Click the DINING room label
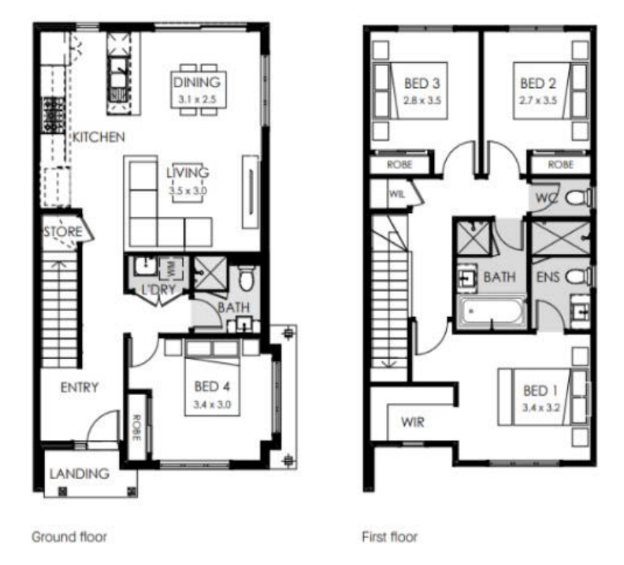[x=197, y=83]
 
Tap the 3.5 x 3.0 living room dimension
[x=188, y=190]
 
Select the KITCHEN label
[x=98, y=137]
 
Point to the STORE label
[x=63, y=231]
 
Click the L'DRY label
[x=158, y=290]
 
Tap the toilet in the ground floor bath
[x=247, y=278]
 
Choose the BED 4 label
[x=212, y=386]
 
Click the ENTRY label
[x=80, y=387]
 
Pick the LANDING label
[x=80, y=474]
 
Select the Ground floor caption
[x=69, y=537]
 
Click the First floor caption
[x=389, y=537]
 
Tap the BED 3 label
[x=422, y=83]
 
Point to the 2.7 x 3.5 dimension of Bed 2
[x=537, y=100]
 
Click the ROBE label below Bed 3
[x=399, y=164]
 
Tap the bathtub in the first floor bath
[x=492, y=312]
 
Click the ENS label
[x=548, y=277]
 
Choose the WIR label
[x=413, y=422]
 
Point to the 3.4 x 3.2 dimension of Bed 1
[x=540, y=408]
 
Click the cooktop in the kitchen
[x=54, y=115]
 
